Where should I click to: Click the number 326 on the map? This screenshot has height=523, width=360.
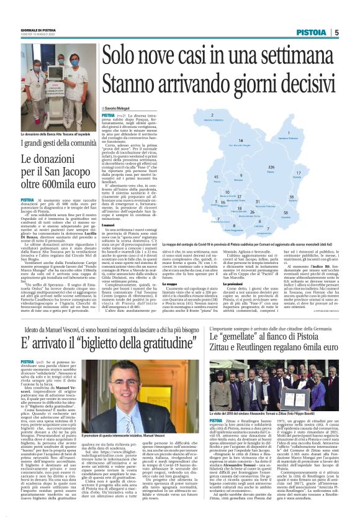(x=271, y=168)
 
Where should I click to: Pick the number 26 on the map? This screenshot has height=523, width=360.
(x=252, y=212)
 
